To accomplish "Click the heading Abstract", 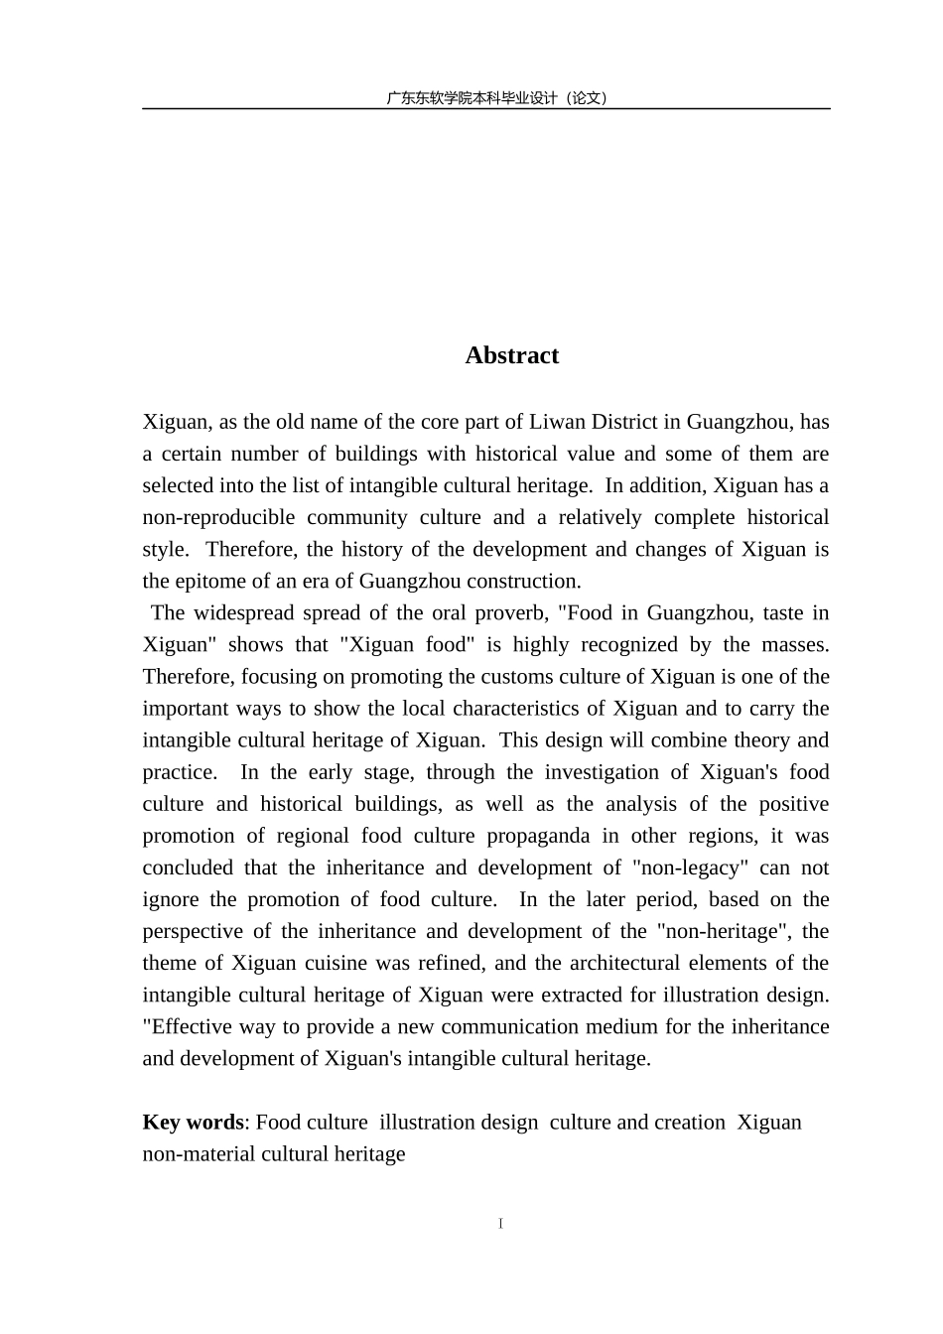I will (x=511, y=355).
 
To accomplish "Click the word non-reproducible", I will (x=218, y=517).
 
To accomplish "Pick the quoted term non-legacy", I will (x=689, y=867).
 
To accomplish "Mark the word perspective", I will (x=192, y=930).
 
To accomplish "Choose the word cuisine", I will (x=342, y=962).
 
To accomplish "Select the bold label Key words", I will (x=193, y=1122).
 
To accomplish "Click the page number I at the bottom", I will (x=501, y=1224).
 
